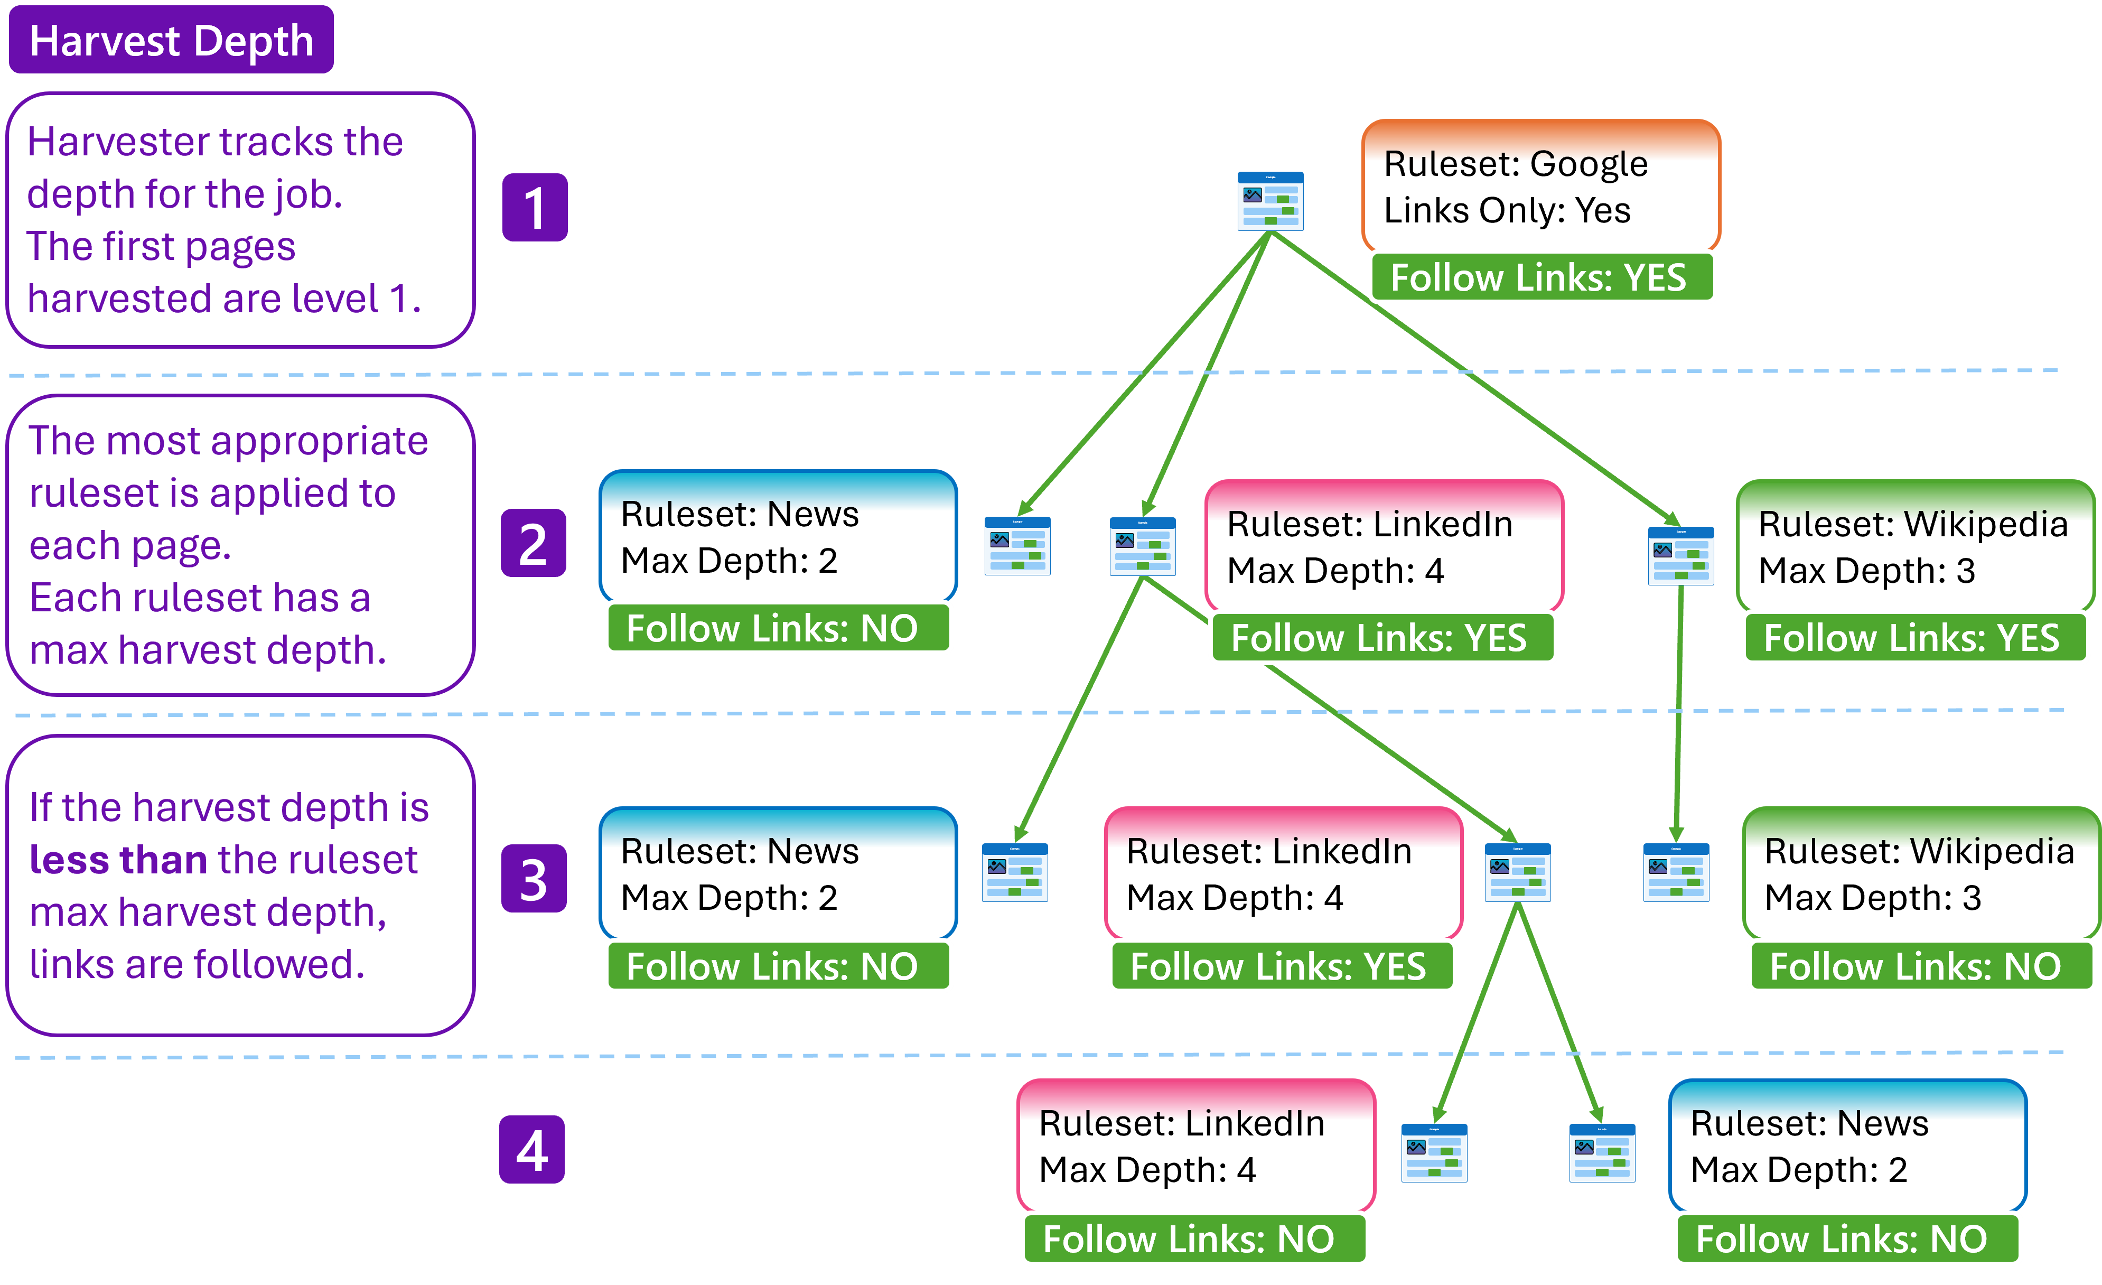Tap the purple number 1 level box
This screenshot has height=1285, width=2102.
[x=535, y=207]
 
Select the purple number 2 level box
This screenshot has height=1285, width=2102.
[x=533, y=544]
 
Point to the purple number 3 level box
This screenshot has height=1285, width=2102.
[x=533, y=879]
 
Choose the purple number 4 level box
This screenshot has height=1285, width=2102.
[x=531, y=1149]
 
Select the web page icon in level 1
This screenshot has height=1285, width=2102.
[x=1270, y=201]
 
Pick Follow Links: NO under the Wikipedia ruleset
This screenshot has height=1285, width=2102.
[x=1919, y=967]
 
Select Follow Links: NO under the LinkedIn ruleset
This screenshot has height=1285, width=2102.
[x=1193, y=1239]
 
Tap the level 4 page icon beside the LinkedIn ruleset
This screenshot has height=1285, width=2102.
[x=1434, y=1153]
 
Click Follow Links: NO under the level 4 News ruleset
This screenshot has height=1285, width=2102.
[x=1846, y=1239]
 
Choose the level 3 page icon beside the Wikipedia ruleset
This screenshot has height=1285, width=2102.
[x=1676, y=872]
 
